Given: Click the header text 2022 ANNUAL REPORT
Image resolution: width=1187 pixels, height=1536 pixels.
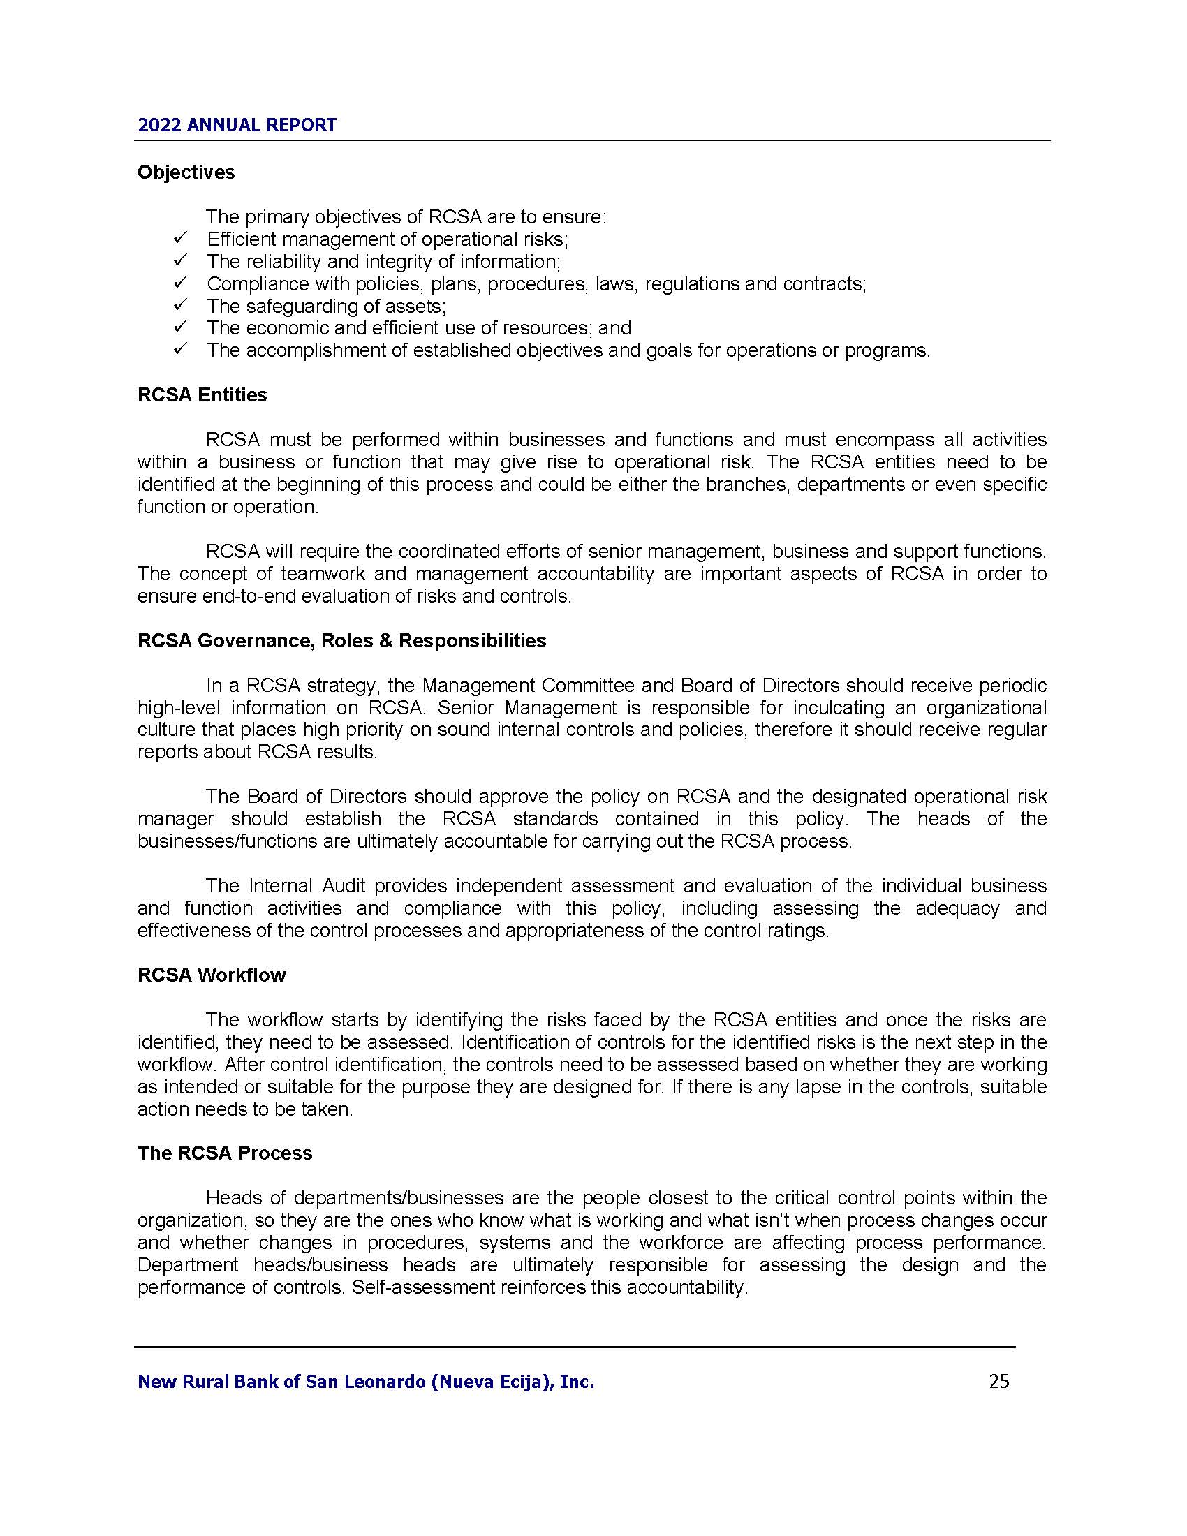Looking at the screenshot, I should pos(237,125).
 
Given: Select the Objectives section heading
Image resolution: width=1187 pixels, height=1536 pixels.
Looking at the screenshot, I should pos(186,172).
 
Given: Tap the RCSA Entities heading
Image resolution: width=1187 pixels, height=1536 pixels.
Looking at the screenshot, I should pos(202,395).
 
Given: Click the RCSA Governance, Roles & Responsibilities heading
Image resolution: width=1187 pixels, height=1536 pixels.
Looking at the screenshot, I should pos(341,641).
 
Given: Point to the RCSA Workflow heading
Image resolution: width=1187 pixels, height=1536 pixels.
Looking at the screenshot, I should pos(212,975).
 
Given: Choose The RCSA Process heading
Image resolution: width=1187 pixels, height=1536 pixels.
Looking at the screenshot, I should pos(225,1153).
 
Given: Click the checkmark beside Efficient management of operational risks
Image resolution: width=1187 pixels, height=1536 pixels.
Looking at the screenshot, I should pos(179,239).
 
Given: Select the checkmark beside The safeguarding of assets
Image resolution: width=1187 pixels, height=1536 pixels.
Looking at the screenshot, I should pos(179,306).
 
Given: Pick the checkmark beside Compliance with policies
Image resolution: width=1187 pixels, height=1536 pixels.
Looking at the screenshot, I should pos(179,283).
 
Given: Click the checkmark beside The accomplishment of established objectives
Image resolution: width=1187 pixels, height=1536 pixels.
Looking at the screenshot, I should pos(179,350).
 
